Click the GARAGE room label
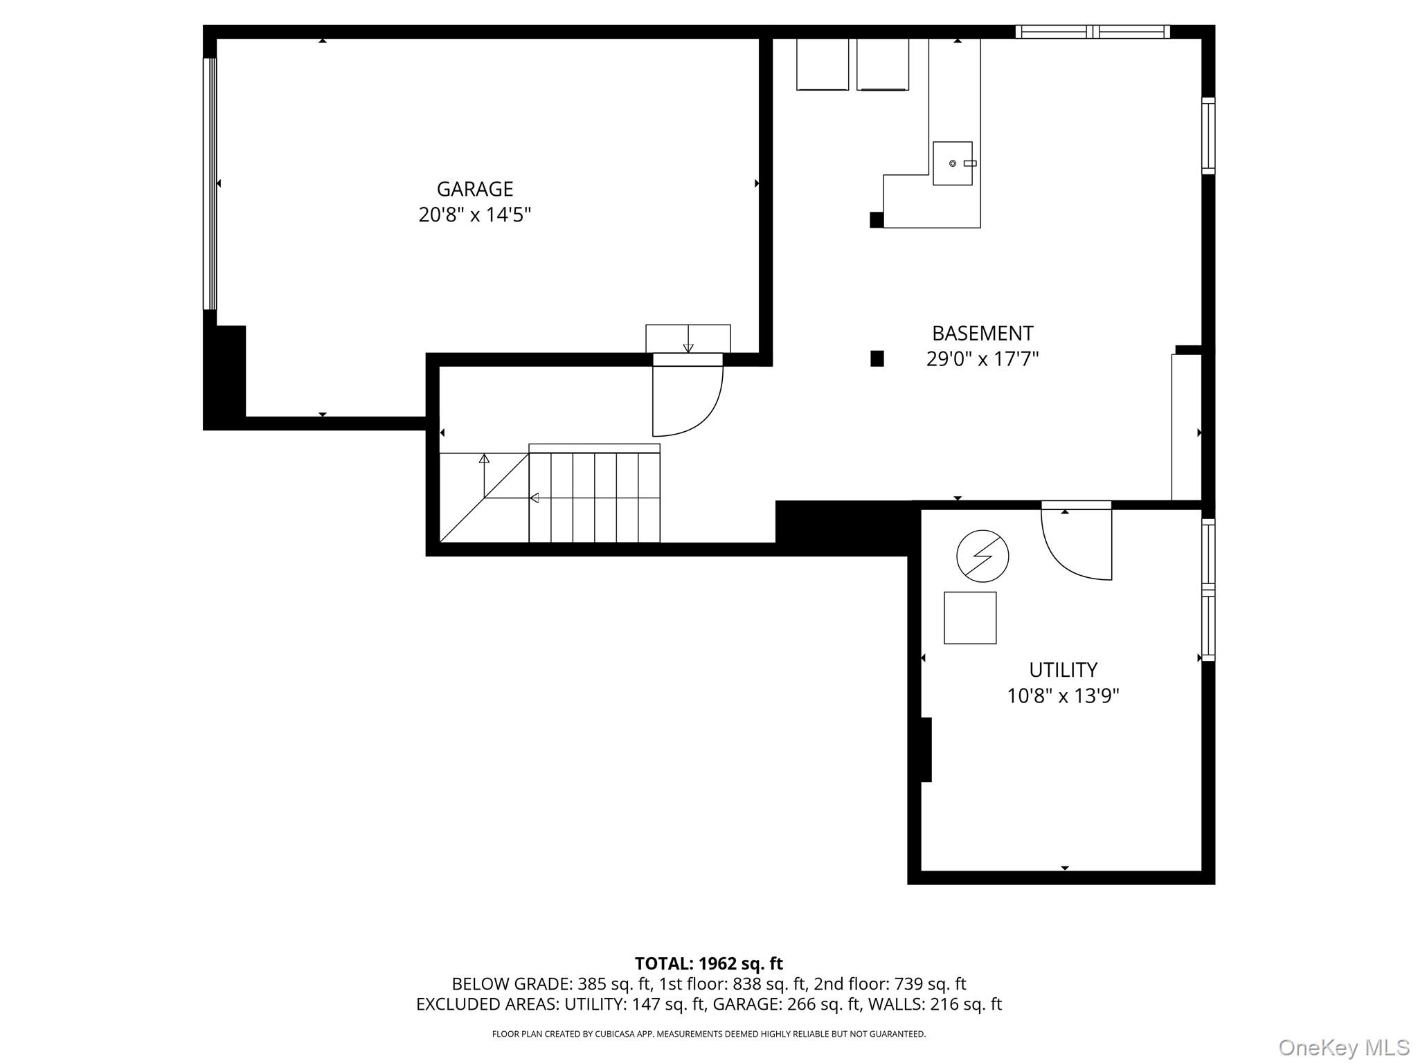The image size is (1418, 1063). coord(475,189)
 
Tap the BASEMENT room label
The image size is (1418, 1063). coord(982,334)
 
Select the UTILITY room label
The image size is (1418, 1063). coord(1063,670)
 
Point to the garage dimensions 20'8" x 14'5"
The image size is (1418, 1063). coord(475,215)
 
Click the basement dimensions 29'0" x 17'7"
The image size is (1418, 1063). coord(982,359)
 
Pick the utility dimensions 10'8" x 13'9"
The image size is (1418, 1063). coord(1063,696)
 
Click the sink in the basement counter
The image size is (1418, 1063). coord(953,163)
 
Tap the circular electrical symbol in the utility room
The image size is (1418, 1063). coord(982,556)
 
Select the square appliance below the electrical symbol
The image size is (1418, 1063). coord(970,618)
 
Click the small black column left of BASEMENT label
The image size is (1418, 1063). coord(877,358)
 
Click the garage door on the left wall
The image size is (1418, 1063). coord(210,183)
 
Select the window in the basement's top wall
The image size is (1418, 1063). coord(1093,32)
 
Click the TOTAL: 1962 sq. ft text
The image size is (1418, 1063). coord(709,963)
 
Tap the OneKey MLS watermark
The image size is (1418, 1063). coord(1344,1047)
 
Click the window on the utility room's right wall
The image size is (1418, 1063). coord(1208,590)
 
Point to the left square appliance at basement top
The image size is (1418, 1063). coord(823,64)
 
